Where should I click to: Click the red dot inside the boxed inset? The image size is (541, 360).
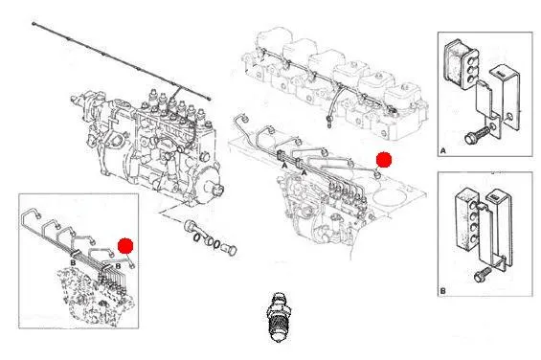point(125,246)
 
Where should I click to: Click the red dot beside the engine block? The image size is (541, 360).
point(384,160)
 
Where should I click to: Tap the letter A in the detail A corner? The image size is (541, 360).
point(443,150)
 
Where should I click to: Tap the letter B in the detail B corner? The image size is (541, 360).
point(442,291)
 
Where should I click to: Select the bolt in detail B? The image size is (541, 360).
point(483,274)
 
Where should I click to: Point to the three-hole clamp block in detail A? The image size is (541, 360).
point(461,62)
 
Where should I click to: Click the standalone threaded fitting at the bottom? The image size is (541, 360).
point(277,317)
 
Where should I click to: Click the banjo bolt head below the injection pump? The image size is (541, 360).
point(191,226)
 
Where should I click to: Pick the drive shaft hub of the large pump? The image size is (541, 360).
point(217,191)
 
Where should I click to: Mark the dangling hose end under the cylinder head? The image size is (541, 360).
point(330,122)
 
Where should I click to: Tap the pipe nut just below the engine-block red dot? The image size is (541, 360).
point(377,175)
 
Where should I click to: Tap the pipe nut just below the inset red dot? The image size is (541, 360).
point(131,265)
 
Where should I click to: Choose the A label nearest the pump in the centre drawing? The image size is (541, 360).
point(304,171)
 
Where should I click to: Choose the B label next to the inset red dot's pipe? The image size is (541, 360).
point(118,266)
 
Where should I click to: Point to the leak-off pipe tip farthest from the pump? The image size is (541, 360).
point(34,24)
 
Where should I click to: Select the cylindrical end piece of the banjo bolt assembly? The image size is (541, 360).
point(230,250)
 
